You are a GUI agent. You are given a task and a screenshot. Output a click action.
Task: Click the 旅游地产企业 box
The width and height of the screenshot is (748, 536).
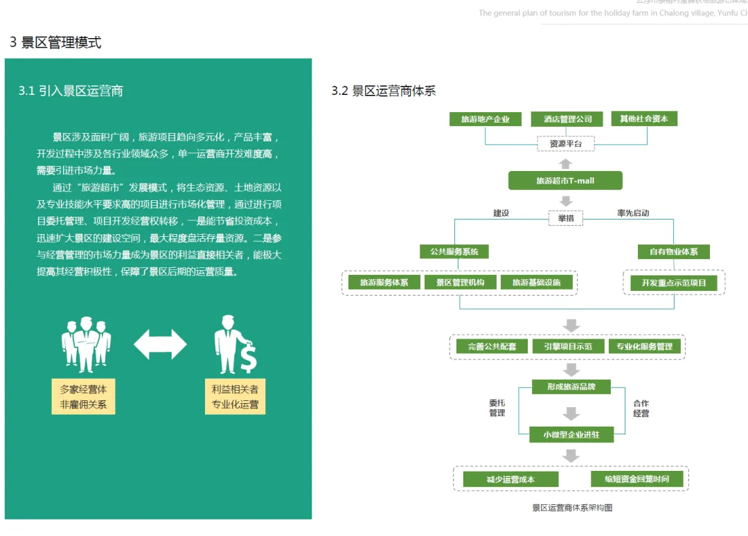pyautogui.click(x=485, y=119)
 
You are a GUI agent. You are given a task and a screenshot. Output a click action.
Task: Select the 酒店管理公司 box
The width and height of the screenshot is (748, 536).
pyautogui.click(x=563, y=119)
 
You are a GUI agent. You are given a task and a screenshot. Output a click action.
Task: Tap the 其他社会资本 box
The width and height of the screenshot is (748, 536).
pyautogui.click(x=643, y=118)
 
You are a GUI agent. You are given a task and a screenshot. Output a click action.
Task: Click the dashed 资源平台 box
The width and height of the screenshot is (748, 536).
pyautogui.click(x=565, y=144)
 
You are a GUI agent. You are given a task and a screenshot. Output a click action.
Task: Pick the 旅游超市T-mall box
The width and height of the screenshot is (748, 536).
pyautogui.click(x=565, y=181)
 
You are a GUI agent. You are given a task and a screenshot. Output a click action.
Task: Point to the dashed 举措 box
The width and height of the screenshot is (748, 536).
pyautogui.click(x=565, y=218)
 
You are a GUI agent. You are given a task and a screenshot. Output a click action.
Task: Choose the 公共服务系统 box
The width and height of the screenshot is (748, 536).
pyautogui.click(x=454, y=251)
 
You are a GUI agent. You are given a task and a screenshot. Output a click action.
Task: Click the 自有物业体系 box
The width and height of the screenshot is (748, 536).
pyautogui.click(x=673, y=251)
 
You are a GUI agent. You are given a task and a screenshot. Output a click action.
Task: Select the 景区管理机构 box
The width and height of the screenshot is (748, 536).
pyautogui.click(x=459, y=283)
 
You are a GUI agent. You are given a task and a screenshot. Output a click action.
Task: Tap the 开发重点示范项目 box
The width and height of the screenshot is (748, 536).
pyautogui.click(x=673, y=283)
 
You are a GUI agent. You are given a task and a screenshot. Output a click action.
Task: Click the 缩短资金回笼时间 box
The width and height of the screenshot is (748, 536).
pyautogui.click(x=636, y=479)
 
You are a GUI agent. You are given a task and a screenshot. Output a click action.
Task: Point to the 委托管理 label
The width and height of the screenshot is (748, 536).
pyautogui.click(x=497, y=409)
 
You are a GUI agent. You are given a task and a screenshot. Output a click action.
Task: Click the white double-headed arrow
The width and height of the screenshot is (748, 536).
pyautogui.click(x=160, y=344)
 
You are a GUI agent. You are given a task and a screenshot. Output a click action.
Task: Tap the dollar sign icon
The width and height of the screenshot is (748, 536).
pyautogui.click(x=248, y=357)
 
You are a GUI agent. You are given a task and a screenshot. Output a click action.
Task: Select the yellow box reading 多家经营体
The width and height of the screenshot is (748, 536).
pyautogui.click(x=83, y=397)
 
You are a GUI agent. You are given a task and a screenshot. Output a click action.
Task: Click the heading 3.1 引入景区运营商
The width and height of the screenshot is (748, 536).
pyautogui.click(x=71, y=91)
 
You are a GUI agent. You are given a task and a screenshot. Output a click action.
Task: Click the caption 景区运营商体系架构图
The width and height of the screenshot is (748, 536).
pyautogui.click(x=572, y=508)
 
